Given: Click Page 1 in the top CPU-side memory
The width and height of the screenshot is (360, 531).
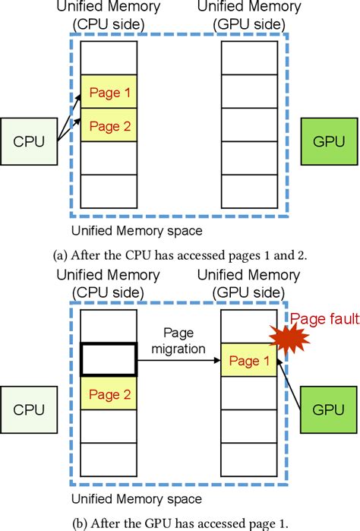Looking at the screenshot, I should pyautogui.click(x=109, y=92).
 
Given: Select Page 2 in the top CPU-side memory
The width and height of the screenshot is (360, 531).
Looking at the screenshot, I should pyautogui.click(x=109, y=125).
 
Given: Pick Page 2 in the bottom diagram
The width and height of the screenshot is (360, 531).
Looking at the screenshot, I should pyautogui.click(x=109, y=394).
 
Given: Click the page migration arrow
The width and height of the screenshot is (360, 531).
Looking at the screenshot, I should pyautogui.click(x=178, y=362).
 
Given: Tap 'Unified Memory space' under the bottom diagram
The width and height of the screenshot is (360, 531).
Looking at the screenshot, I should pyautogui.click(x=136, y=498).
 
